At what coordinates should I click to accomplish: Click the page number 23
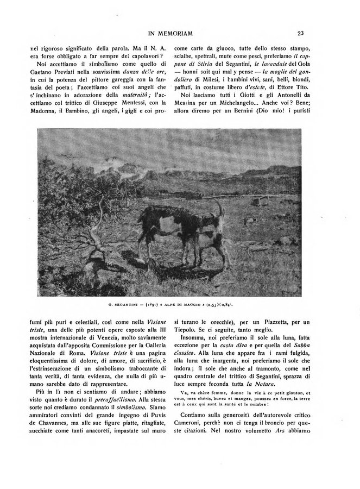click(x=300, y=34)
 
